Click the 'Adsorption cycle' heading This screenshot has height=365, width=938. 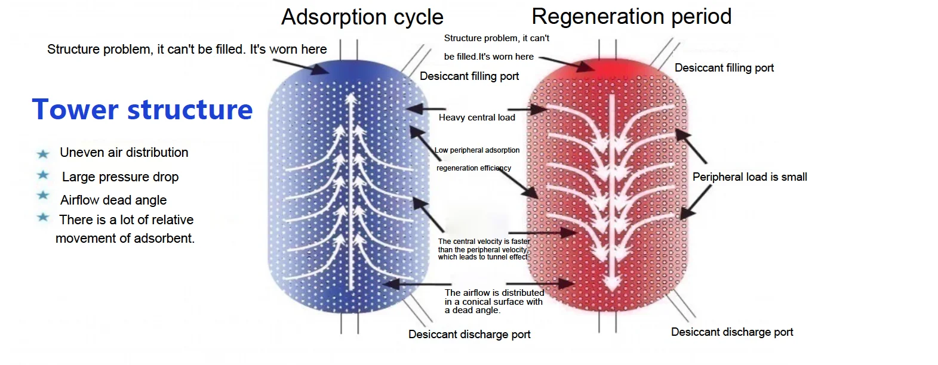(362, 17)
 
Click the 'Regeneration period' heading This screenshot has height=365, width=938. (632, 17)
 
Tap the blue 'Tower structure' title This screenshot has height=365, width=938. (142, 110)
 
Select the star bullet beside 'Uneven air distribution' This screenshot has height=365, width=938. (43, 154)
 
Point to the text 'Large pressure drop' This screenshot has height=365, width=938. (120, 177)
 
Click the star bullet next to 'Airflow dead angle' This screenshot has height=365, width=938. (43, 196)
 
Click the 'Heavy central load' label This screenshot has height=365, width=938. (477, 117)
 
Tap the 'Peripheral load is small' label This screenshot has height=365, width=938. (749, 177)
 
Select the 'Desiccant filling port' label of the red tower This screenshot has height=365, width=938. (724, 68)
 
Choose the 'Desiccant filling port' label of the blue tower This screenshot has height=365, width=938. (469, 76)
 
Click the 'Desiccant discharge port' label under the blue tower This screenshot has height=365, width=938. (469, 335)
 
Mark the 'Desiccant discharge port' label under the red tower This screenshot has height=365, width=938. (732, 332)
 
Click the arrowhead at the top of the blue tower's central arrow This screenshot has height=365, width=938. (351, 98)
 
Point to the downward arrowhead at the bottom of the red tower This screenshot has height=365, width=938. (612, 284)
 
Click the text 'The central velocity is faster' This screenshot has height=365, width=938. (484, 241)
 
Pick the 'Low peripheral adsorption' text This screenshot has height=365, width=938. (477, 150)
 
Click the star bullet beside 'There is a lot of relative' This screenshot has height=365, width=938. (43, 218)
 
